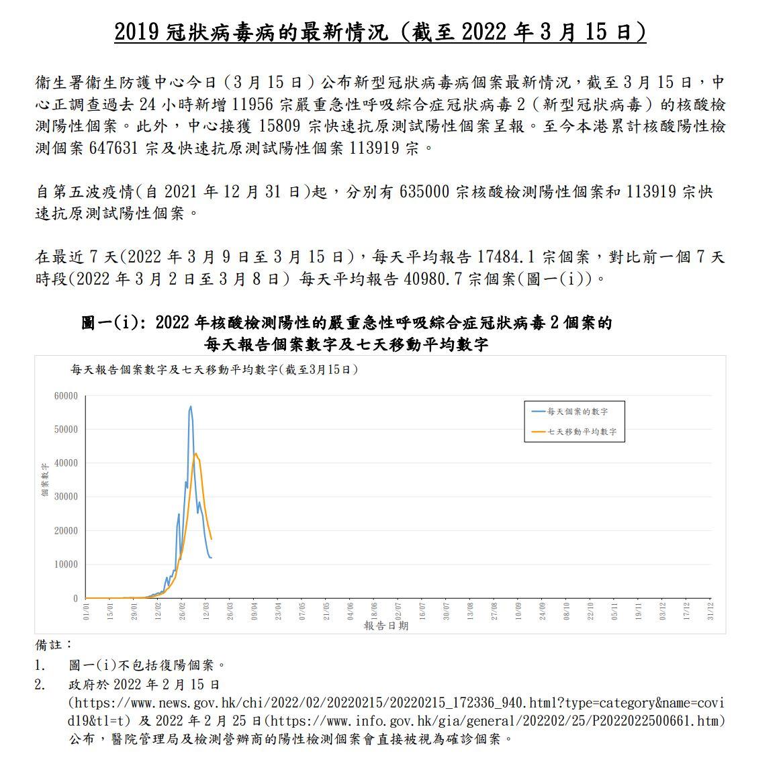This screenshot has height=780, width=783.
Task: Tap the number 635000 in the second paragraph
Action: [424, 192]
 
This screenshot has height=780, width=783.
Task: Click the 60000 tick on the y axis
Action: [66, 396]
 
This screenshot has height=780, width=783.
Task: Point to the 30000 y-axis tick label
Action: [66, 497]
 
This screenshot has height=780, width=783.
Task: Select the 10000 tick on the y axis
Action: [66, 565]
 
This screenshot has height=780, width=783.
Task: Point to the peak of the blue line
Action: [191, 406]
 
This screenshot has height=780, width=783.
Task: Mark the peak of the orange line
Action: [196, 454]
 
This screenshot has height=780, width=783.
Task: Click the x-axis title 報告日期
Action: [385, 626]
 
